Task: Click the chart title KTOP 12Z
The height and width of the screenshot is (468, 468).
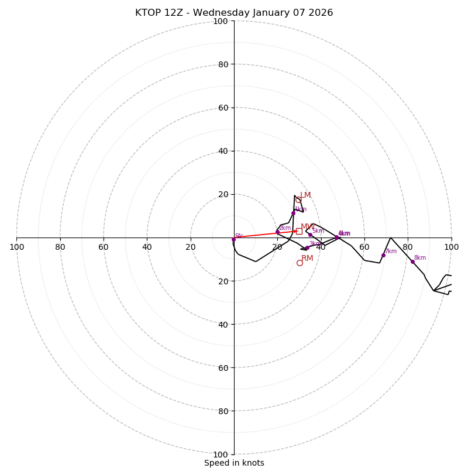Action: [234, 13]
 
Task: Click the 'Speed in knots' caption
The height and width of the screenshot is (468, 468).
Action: [234, 463]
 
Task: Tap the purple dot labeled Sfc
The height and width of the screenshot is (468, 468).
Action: [233, 239]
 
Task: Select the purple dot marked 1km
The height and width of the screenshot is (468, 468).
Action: [293, 213]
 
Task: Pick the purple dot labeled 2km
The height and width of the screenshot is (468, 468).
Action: [277, 232]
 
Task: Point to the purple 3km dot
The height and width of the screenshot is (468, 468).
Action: [307, 248]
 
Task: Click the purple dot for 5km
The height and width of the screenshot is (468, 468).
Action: [310, 235]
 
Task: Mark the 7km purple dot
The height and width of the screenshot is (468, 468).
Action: [383, 255]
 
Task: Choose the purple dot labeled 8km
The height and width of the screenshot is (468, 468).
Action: [412, 261]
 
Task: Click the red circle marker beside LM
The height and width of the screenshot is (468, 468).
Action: [298, 200]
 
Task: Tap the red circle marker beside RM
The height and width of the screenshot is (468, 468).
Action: [300, 263]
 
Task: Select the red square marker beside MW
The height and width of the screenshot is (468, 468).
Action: [299, 231]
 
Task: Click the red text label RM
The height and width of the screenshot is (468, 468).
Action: [307, 258]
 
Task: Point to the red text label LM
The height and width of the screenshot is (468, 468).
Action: [305, 195]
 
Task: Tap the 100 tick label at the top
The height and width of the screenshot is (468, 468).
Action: [221, 21]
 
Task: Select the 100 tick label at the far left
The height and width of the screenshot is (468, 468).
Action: [16, 247]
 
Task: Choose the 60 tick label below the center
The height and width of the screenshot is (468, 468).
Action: [221, 367]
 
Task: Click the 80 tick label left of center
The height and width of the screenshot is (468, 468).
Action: [60, 247]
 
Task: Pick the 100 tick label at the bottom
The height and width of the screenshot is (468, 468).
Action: [221, 454]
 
